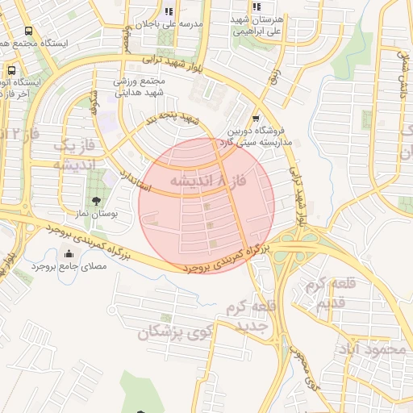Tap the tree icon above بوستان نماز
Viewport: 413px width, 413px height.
97,201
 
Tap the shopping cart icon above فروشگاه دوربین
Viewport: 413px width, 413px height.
257,117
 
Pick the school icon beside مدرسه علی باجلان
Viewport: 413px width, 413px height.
169,11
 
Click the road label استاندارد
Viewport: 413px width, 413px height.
136,180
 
